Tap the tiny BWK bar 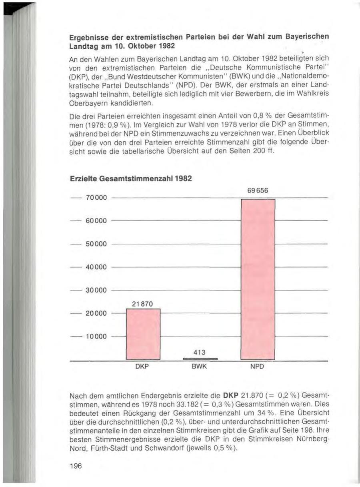(x=200, y=359)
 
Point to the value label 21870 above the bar (x=142, y=304)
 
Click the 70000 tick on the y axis (x=96, y=198)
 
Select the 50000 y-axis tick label (x=96, y=244)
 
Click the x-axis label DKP (x=142, y=367)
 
